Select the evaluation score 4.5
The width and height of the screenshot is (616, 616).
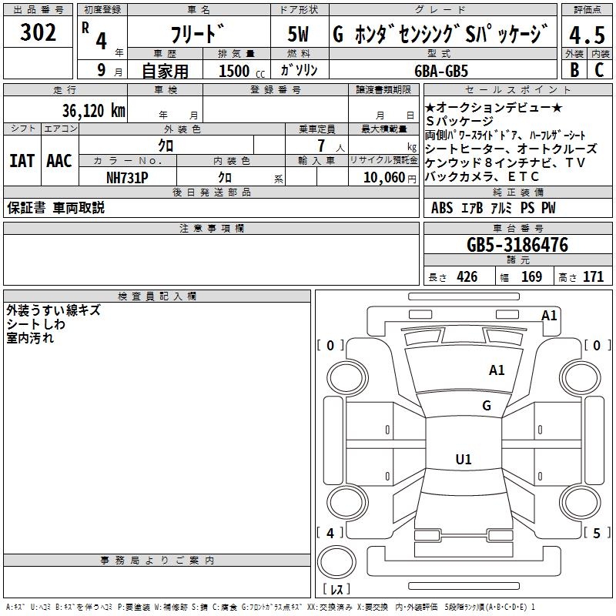click(x=586, y=35)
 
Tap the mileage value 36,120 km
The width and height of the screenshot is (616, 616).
click(x=94, y=110)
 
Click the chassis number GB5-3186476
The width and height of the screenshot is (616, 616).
click(x=517, y=246)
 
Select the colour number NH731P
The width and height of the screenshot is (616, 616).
click(x=127, y=177)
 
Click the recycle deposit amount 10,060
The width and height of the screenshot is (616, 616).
click(x=382, y=177)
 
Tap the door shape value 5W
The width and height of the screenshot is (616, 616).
click(x=300, y=35)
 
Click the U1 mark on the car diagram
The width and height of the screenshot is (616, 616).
click(x=464, y=460)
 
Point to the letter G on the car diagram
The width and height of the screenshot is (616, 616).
click(x=487, y=406)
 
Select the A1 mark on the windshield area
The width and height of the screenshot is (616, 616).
click(x=497, y=370)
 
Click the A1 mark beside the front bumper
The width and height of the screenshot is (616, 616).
click(x=549, y=315)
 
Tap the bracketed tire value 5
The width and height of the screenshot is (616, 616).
click(x=596, y=533)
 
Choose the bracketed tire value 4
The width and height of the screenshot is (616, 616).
click(x=330, y=533)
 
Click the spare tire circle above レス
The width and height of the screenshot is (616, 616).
click(x=336, y=564)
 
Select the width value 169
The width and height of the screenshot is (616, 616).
click(x=531, y=277)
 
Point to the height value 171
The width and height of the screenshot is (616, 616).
click(x=592, y=277)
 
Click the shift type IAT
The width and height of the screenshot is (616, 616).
click(x=22, y=161)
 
